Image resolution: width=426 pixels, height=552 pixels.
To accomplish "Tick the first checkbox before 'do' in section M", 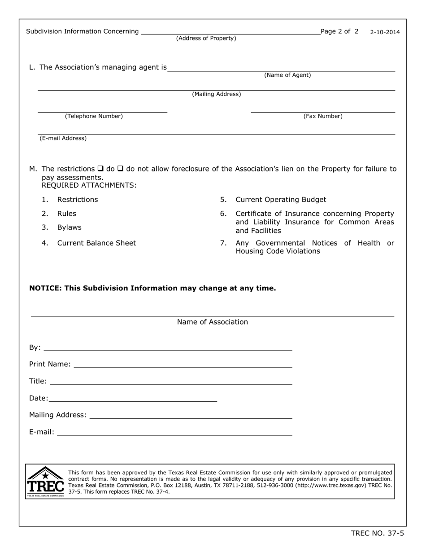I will pos(100,169).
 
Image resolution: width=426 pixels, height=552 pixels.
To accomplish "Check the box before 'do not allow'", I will pos(120,169).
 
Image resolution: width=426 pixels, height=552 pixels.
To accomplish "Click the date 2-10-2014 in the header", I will pos(385,32).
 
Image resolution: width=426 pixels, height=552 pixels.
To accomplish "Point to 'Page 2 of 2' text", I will pos(339,31).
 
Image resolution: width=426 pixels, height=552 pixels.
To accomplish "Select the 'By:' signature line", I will pos(168,348).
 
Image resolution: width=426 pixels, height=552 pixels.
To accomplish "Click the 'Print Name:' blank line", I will pos(183,365).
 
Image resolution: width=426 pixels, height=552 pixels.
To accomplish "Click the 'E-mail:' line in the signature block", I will pos(175,433).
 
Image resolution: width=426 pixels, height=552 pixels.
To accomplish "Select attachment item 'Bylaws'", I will pos(70,228).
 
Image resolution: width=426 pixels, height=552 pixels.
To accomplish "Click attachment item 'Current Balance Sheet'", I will pos(96,243).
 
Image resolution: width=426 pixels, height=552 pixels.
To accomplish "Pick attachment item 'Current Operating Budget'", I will pos(281,200).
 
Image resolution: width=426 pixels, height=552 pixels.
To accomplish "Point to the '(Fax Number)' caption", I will pos(323,116).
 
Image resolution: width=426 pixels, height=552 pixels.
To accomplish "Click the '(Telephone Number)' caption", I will pos(94,116).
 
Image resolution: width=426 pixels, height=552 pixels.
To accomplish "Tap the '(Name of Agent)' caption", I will pos(287,75).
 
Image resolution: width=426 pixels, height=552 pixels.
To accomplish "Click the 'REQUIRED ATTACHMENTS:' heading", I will pos(89,185).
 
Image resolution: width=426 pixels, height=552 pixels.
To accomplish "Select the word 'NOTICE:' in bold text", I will pos(46,288).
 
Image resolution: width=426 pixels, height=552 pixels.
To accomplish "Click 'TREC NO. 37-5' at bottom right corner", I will pos(377,533).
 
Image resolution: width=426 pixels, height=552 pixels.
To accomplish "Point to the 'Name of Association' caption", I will pos(212,322).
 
